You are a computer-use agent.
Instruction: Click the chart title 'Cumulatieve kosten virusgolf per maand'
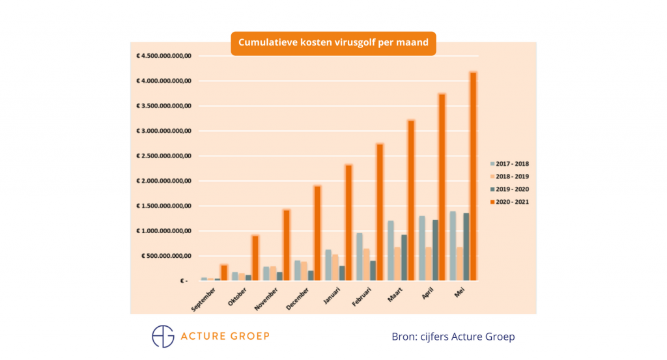[333, 43]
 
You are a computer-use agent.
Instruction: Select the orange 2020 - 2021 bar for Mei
[473, 176]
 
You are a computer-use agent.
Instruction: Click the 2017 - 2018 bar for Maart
[391, 251]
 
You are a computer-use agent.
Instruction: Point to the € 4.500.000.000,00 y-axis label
[163, 56]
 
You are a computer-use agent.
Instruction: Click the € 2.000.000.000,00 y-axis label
[163, 181]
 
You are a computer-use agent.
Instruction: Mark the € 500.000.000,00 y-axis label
[166, 256]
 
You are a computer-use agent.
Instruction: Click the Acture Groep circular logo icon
[163, 336]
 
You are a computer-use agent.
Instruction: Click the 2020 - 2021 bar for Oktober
[255, 258]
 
